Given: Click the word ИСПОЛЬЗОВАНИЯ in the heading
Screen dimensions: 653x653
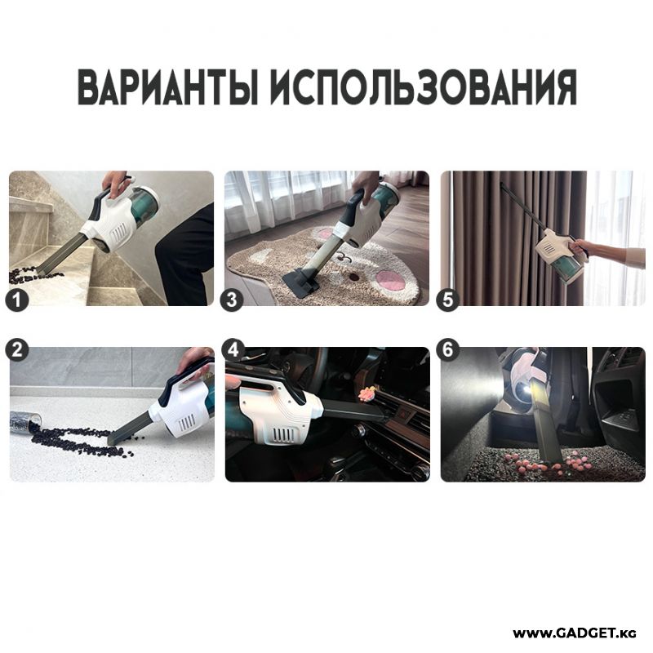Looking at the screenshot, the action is click(424, 87).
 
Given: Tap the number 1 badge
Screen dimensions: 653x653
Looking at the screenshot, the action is click(17, 300).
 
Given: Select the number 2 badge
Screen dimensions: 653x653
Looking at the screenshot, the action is click(16, 349).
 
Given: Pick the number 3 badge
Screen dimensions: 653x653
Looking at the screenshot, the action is click(232, 300).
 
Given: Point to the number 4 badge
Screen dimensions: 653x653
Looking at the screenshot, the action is click(233, 349).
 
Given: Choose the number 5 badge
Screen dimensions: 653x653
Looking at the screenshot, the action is click(447, 300).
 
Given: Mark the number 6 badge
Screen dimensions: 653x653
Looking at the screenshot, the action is click(447, 349).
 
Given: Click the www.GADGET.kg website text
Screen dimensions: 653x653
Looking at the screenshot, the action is click(575, 633).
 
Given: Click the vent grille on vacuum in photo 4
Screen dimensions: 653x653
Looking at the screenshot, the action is click(285, 435).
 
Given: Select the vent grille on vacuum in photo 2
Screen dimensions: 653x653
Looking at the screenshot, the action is click(186, 424).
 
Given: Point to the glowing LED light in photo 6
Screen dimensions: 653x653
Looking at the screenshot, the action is click(524, 390).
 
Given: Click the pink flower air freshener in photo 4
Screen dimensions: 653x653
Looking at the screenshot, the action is click(366, 393).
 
